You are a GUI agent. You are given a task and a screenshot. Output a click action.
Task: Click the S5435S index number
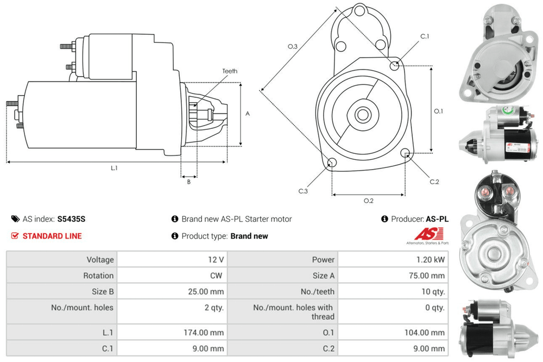(x=71, y=219)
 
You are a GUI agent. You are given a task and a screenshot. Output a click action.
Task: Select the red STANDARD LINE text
(x=52, y=236)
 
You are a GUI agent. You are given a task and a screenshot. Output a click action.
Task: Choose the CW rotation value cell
(x=217, y=276)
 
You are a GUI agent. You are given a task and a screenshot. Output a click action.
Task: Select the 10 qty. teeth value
(x=432, y=291)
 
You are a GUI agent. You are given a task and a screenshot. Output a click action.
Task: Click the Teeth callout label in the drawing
(x=230, y=71)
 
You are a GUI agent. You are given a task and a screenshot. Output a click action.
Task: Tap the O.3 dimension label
(x=292, y=46)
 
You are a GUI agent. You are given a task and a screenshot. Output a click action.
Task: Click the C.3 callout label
(x=303, y=191)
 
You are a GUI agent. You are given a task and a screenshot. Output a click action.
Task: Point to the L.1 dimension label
(x=114, y=168)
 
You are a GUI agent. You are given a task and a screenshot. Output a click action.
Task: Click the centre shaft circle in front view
(x=363, y=115)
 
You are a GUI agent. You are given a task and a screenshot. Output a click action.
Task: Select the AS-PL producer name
(x=437, y=219)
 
